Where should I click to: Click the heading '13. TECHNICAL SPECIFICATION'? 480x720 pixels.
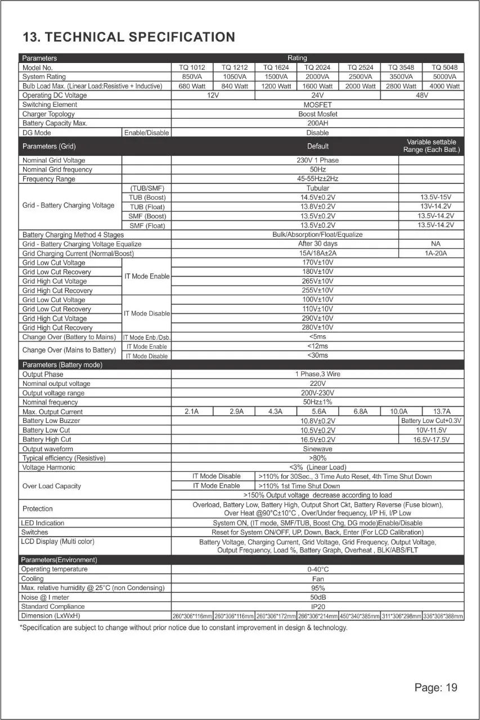[x=128, y=37]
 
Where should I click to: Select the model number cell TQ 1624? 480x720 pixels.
[x=276, y=67]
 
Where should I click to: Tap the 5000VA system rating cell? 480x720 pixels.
[x=445, y=76]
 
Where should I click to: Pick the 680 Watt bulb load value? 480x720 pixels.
[x=192, y=86]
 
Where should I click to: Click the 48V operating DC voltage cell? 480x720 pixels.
[x=422, y=95]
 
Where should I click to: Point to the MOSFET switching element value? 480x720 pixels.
[x=318, y=105]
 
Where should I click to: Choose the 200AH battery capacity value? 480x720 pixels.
[x=318, y=123]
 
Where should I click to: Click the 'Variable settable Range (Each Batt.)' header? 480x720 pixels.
[x=432, y=146]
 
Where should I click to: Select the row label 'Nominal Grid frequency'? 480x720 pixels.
[x=57, y=169]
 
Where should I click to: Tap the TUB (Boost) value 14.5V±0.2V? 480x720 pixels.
[x=318, y=197]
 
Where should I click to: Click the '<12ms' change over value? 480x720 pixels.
[x=318, y=346]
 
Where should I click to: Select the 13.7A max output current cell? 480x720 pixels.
[x=442, y=411]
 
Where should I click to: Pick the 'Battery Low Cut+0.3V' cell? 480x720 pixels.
[x=432, y=421]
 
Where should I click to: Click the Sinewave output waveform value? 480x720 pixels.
[x=318, y=449]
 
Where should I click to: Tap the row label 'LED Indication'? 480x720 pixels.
[x=43, y=523]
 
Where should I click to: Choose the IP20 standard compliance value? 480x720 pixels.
[x=318, y=606]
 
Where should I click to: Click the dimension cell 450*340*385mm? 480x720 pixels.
[x=360, y=616]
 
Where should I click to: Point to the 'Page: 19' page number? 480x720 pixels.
[x=436, y=687]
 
